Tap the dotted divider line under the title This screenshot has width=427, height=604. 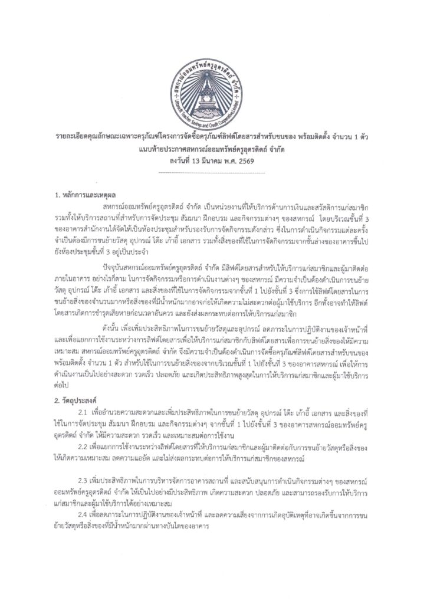click(213, 172)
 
